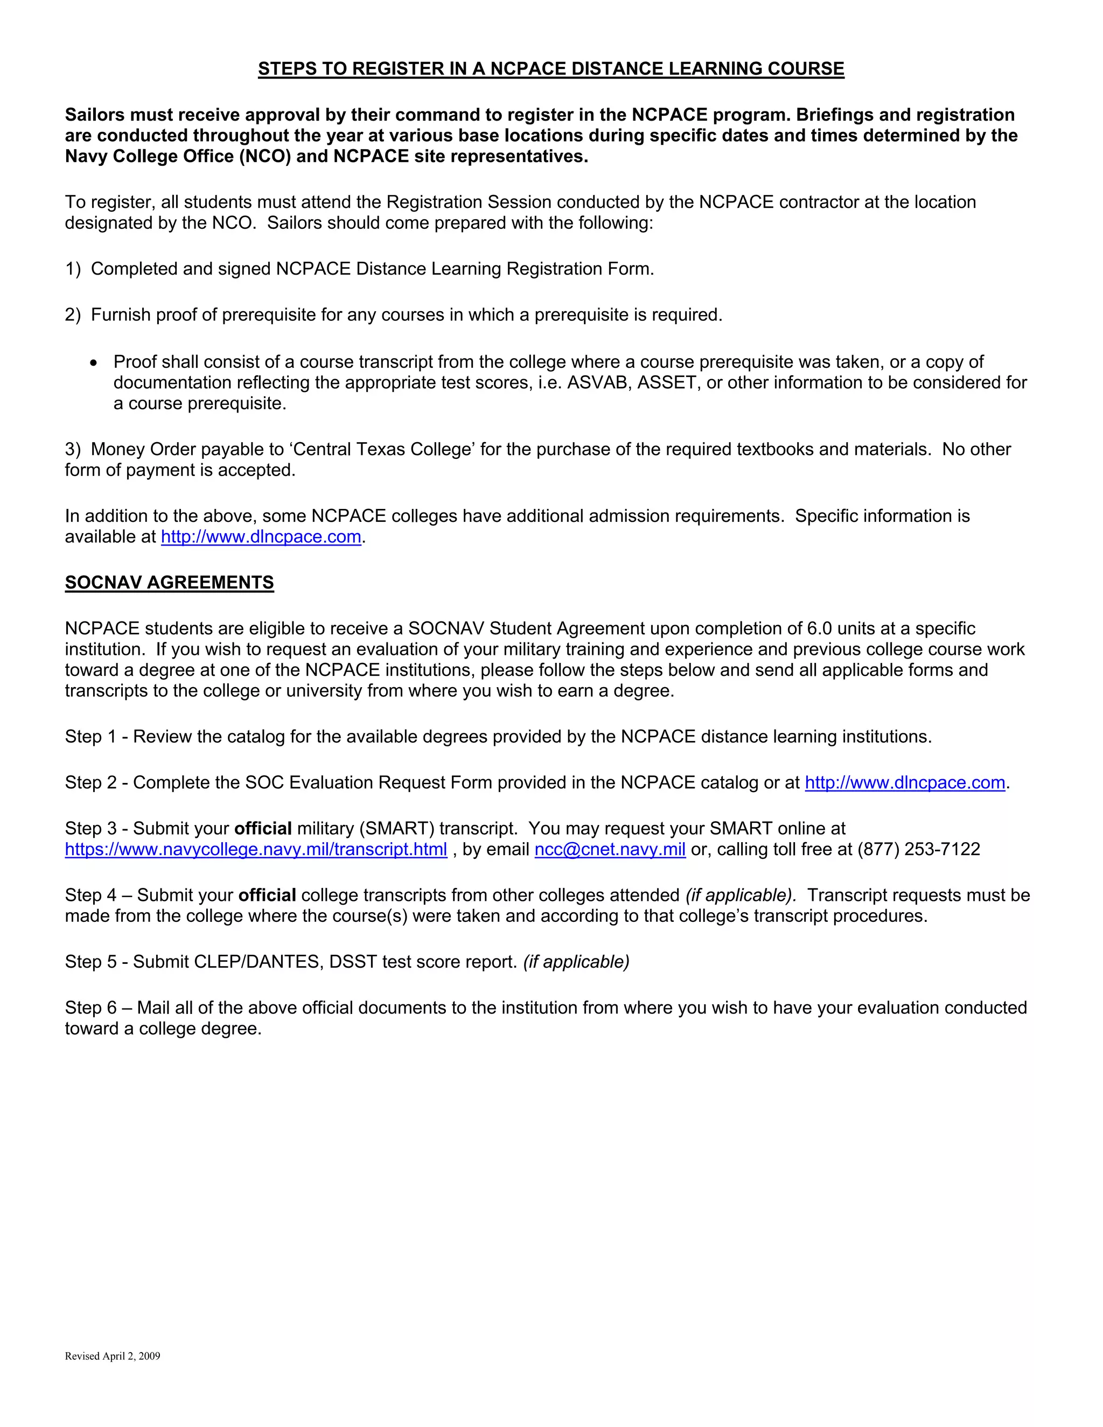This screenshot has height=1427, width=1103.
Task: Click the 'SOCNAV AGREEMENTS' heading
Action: (x=169, y=582)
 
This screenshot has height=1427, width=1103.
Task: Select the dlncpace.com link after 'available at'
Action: (x=261, y=536)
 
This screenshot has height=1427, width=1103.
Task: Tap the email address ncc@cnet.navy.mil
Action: (x=610, y=849)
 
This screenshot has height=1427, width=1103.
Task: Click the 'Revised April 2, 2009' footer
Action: (x=113, y=1356)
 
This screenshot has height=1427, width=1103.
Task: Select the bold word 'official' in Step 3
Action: (x=263, y=829)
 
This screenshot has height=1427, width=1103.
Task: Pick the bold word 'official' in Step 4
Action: (x=267, y=895)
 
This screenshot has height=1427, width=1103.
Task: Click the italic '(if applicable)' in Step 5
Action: (x=576, y=962)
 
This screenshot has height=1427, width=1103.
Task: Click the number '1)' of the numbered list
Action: (x=73, y=269)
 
